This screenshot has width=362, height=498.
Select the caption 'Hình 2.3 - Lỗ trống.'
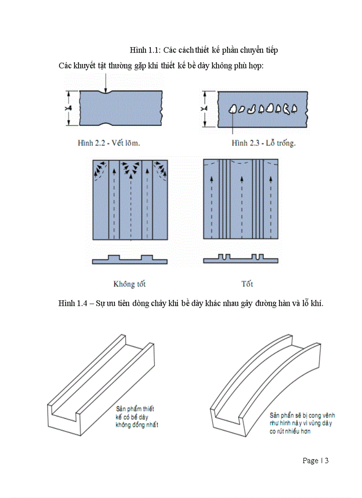tap(263, 143)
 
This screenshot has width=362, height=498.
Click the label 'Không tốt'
tap(130, 284)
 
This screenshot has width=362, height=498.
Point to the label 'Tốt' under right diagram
tap(247, 284)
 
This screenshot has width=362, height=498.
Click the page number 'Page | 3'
tap(315, 461)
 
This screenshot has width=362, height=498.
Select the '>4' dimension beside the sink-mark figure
tap(69, 108)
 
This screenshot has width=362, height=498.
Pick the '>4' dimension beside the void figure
tap(204, 109)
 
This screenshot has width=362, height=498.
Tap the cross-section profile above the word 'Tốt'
tap(241, 259)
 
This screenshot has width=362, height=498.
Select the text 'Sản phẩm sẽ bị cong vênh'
tap(302, 416)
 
